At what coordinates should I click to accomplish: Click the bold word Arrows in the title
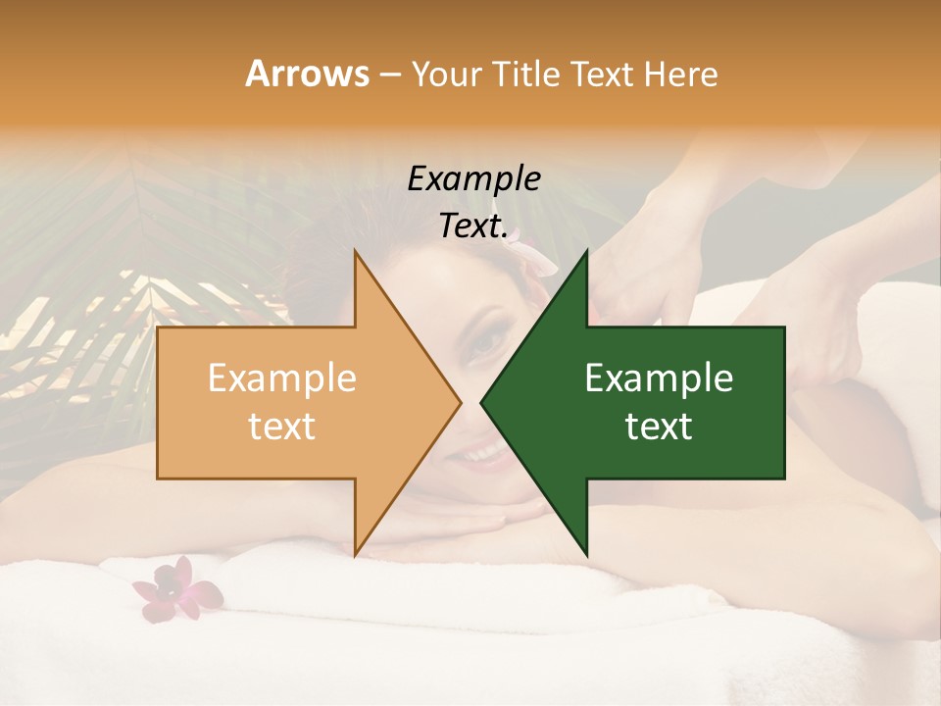tap(308, 75)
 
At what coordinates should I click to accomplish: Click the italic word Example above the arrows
tap(473, 179)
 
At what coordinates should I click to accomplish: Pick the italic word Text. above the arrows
tap(473, 227)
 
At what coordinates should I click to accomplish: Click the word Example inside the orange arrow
tap(281, 378)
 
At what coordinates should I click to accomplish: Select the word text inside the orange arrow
tap(281, 427)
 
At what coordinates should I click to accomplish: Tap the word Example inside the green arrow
tap(659, 378)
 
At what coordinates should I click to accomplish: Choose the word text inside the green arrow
tap(659, 427)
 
